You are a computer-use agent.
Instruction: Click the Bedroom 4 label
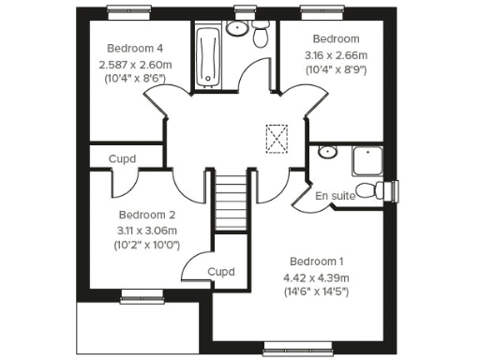pos(134,48)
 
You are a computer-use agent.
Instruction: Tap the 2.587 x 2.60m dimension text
pos(134,65)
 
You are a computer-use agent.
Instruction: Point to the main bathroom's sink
pos(237,28)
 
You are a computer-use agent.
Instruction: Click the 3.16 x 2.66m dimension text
pos(336,55)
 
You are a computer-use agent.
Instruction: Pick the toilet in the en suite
pos(381,191)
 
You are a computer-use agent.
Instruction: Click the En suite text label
pos(334,196)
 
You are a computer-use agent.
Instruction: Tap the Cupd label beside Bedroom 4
pos(122,159)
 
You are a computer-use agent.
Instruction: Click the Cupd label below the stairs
pos(220,272)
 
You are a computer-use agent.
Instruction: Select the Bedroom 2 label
pos(147,214)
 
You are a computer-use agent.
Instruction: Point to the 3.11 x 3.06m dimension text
pos(147,230)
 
